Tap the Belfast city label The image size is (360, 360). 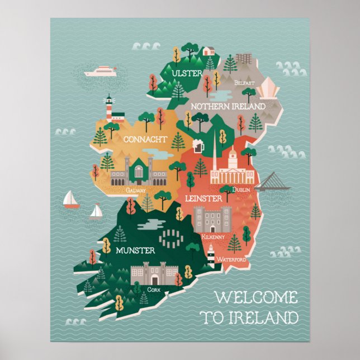244,83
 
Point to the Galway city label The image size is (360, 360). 136,190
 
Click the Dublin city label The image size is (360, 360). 241,190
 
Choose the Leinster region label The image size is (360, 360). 200,197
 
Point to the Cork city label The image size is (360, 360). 154,290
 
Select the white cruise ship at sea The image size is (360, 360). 100,72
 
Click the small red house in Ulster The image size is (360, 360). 209,51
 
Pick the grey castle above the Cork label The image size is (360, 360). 154,274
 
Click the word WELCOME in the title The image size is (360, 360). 256,297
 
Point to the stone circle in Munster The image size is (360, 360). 170,239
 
